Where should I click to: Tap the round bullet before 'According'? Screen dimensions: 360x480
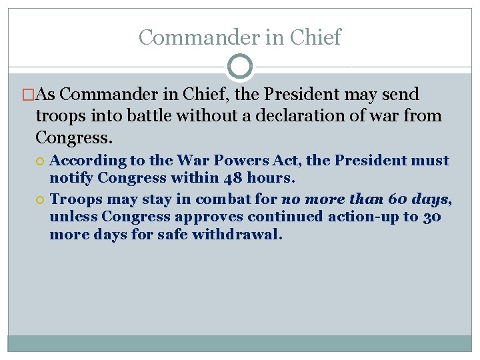point(41,161)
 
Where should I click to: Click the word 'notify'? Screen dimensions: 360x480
point(71,178)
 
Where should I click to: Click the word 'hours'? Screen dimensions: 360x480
point(270,178)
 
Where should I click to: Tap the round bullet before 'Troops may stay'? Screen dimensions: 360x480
point(41,199)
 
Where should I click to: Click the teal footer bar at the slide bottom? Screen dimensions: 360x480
point(240,343)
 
